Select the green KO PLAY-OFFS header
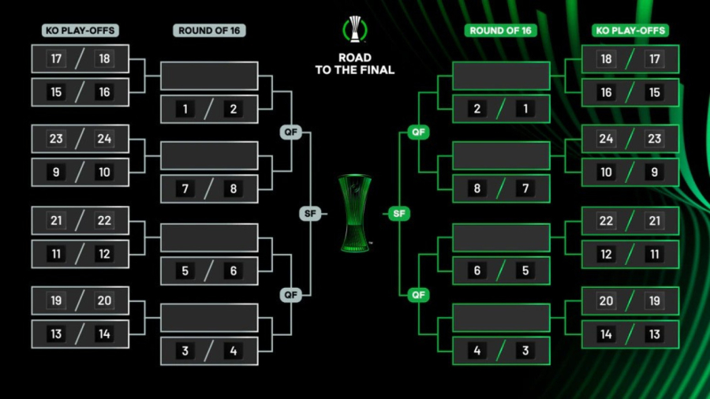click(630, 31)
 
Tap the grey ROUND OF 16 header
click(209, 31)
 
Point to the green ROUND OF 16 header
click(501, 31)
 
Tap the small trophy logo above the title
click(355, 29)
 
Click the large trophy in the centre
click(354, 214)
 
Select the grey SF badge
click(310, 214)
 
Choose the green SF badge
click(399, 214)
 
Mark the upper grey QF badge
click(291, 132)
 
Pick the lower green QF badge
click(418, 295)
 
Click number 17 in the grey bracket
click(56, 59)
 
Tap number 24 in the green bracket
click(606, 140)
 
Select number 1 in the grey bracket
click(185, 109)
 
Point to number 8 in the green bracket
click(477, 189)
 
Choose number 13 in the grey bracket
click(56, 334)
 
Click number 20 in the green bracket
click(606, 300)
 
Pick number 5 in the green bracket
click(525, 270)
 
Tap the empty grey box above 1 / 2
click(209, 76)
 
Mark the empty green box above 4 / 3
click(501, 318)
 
